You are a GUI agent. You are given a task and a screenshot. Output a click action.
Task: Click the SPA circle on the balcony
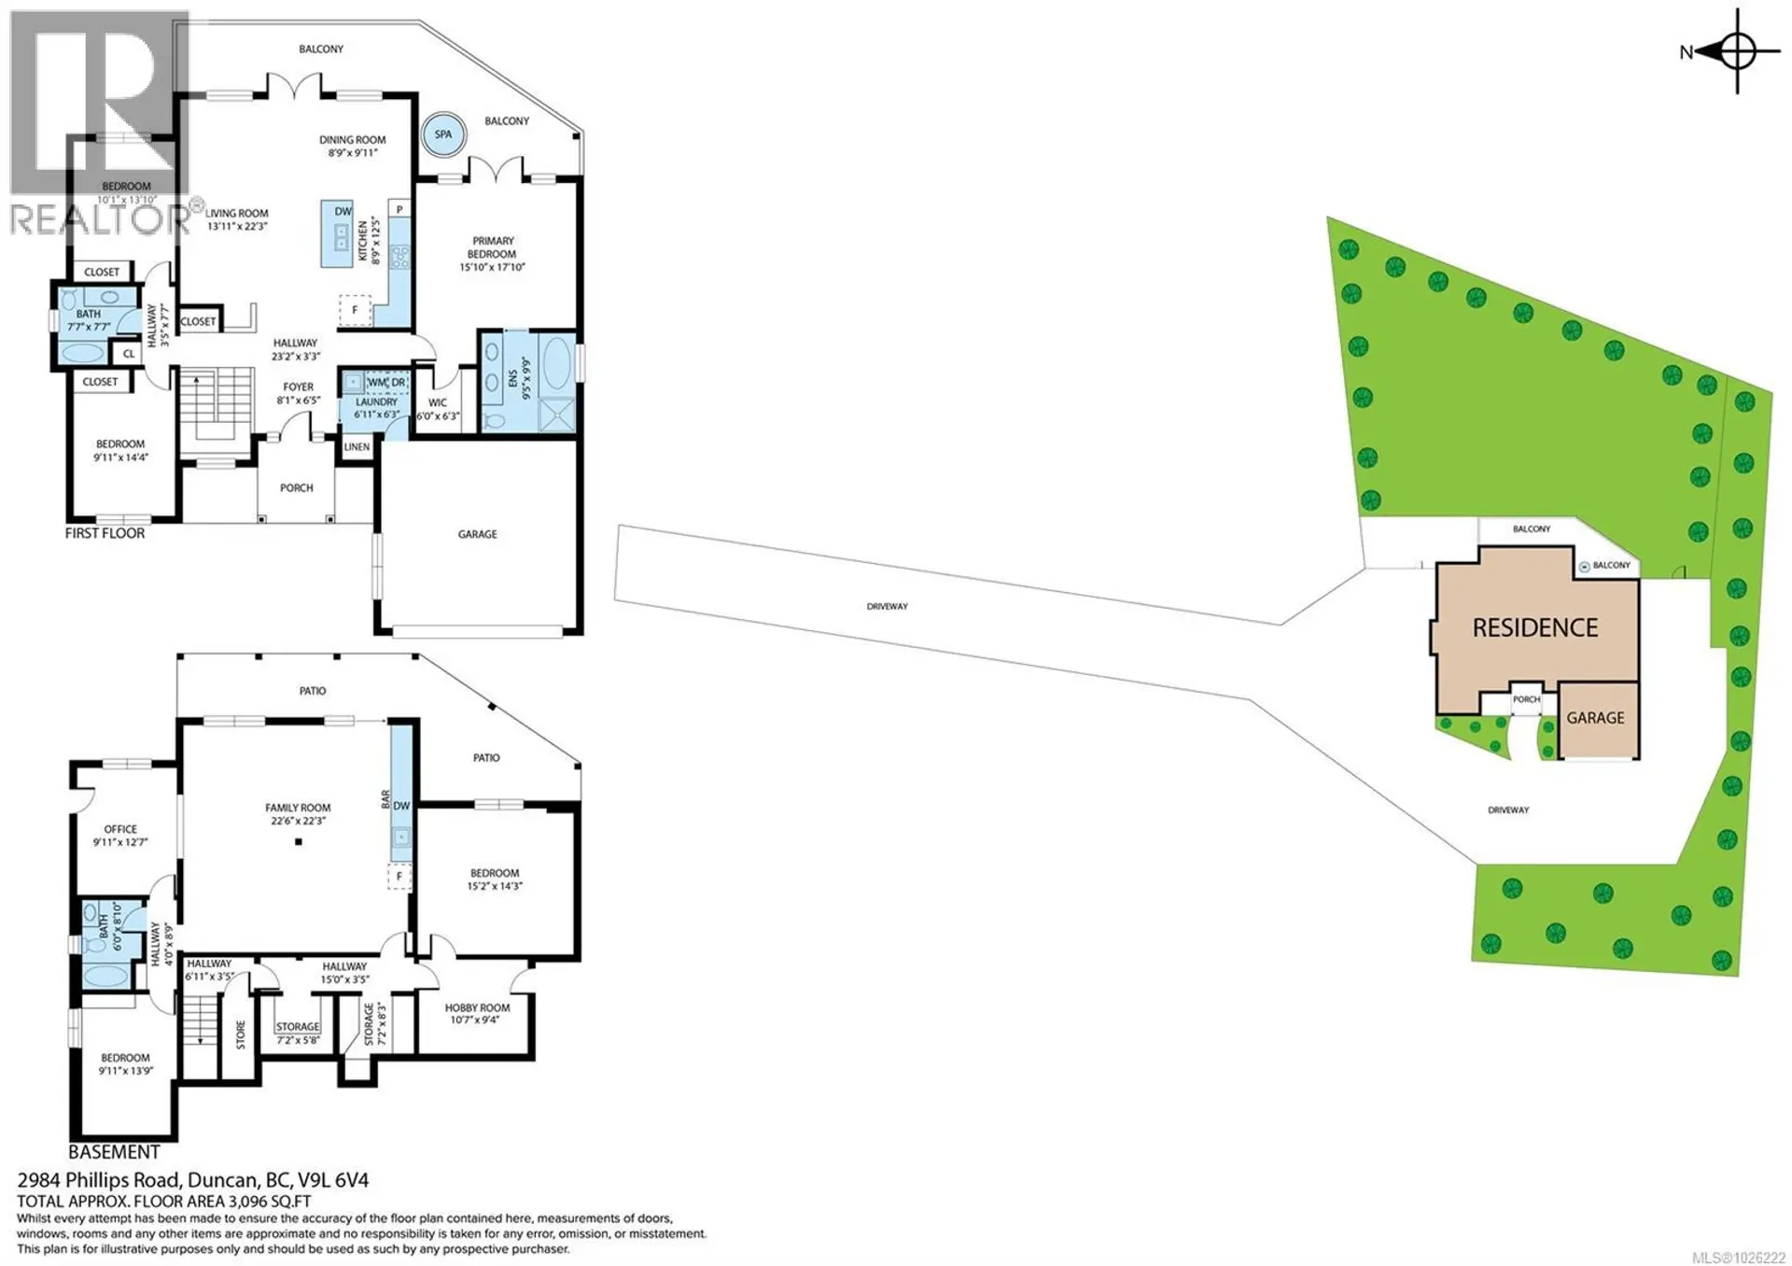click(x=442, y=134)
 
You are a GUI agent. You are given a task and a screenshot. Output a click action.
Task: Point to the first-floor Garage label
click(x=477, y=534)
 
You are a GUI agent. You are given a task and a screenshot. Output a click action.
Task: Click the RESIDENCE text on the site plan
click(x=1534, y=628)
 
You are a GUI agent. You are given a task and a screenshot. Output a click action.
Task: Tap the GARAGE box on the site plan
click(x=1595, y=718)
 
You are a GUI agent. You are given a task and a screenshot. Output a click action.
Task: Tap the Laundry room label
click(x=376, y=402)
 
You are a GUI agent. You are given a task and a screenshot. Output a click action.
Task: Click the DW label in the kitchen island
click(x=343, y=211)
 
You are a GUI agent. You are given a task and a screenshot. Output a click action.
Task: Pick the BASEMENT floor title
click(x=114, y=1152)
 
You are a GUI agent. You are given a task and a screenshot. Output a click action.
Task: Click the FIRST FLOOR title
click(x=105, y=533)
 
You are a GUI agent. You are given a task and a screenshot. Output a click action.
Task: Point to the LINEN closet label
click(x=357, y=447)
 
